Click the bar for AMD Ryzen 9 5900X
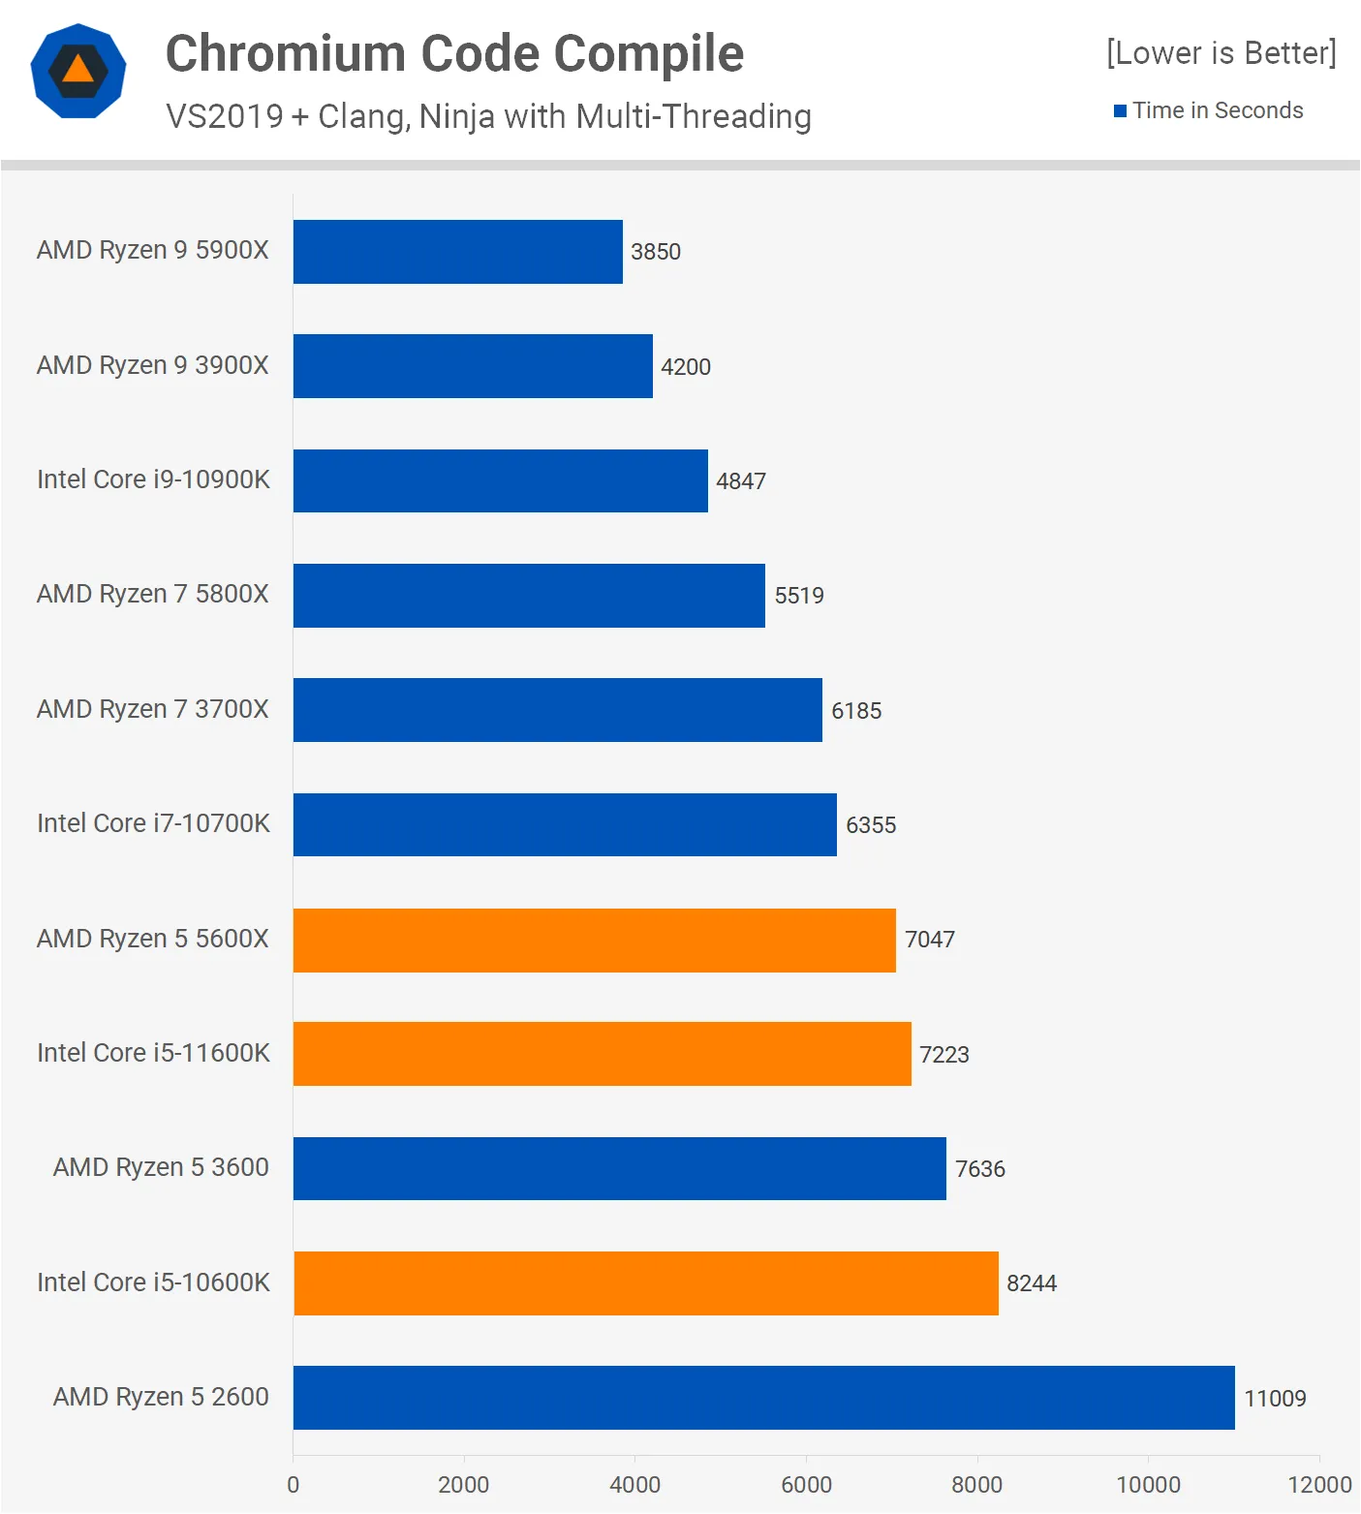(x=457, y=252)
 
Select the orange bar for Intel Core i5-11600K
(x=602, y=1054)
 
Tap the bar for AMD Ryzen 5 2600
(x=763, y=1398)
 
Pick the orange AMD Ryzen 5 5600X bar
(x=594, y=940)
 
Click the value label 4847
(x=741, y=481)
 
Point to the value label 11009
(x=1275, y=1399)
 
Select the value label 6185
(x=856, y=711)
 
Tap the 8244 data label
(x=1032, y=1283)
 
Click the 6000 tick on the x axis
(x=806, y=1485)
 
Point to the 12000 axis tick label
(x=1319, y=1485)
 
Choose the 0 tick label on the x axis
(x=294, y=1485)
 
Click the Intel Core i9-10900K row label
(x=153, y=479)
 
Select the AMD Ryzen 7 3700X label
(x=153, y=709)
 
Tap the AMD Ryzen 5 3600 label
(x=161, y=1167)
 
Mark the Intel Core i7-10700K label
(x=153, y=823)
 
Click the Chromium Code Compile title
(x=454, y=53)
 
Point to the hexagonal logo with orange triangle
(x=78, y=71)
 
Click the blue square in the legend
(x=1120, y=111)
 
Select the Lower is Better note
(x=1221, y=53)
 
